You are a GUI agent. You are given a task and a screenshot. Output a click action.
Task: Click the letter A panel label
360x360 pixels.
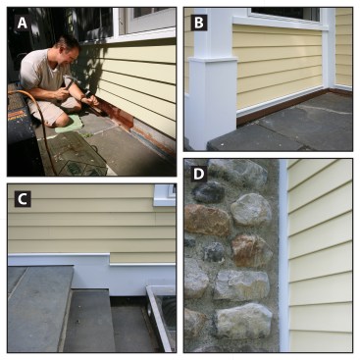click(23, 24)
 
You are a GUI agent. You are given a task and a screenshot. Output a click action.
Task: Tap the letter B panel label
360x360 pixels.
click(199, 23)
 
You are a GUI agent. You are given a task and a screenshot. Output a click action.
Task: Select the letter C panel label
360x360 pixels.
click(23, 199)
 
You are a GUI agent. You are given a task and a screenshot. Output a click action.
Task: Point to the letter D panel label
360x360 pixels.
click(199, 175)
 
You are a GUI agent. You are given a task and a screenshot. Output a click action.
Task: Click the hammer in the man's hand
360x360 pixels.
click(69, 82)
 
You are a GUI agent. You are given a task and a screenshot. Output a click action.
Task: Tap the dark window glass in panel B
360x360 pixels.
click(284, 14)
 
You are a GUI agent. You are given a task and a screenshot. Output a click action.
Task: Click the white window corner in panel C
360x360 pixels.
click(165, 195)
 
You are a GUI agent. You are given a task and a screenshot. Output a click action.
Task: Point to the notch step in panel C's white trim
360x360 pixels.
click(109, 259)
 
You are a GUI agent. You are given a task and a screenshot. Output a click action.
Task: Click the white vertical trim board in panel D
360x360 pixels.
click(283, 255)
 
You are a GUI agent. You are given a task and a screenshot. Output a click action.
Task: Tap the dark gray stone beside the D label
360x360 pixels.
click(209, 192)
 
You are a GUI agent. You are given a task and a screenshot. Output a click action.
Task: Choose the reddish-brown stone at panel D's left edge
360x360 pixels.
click(207, 220)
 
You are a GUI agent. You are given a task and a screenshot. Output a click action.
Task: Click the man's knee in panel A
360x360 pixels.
click(58, 115)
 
